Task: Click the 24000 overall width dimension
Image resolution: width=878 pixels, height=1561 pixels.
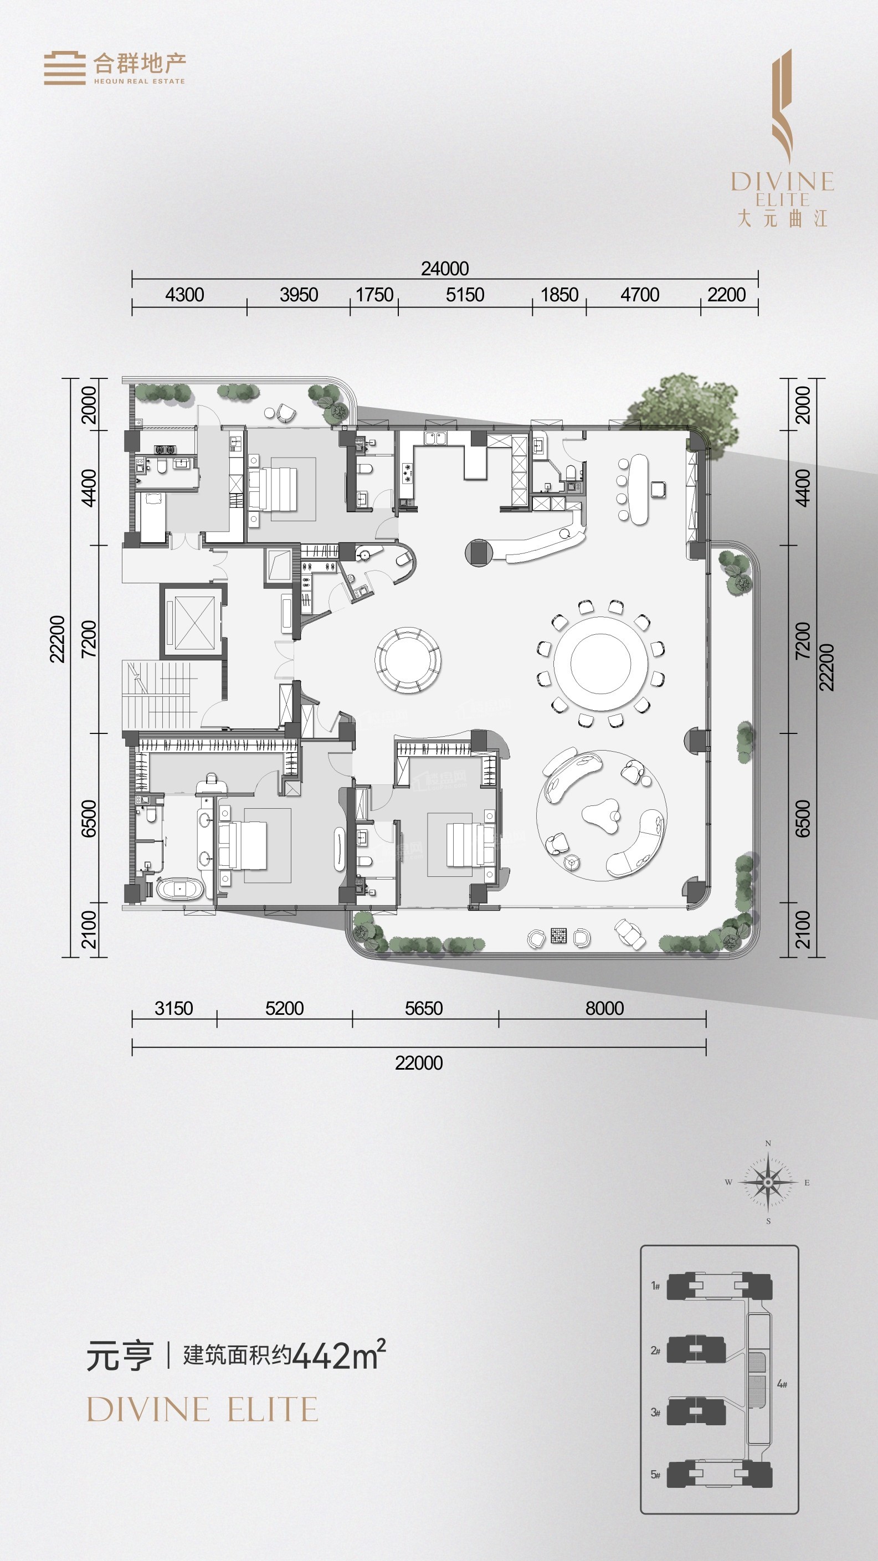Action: click(x=445, y=269)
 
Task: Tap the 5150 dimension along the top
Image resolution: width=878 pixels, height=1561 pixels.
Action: click(x=465, y=295)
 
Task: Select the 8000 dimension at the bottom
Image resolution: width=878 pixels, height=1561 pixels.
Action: click(x=604, y=1008)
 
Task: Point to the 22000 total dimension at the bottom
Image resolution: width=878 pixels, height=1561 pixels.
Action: click(x=419, y=1063)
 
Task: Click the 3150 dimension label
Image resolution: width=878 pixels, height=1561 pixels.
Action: click(x=173, y=1008)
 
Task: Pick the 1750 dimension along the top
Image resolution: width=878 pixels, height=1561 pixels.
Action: click(x=374, y=295)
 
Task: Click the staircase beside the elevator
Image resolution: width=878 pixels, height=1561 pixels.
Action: click(x=159, y=696)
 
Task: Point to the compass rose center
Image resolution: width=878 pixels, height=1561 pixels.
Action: click(x=768, y=1182)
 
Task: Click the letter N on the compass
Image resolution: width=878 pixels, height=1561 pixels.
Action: click(x=768, y=1143)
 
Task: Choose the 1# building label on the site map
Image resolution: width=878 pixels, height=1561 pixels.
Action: click(x=655, y=1285)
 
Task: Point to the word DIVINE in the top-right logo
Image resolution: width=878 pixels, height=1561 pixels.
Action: click(x=782, y=181)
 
